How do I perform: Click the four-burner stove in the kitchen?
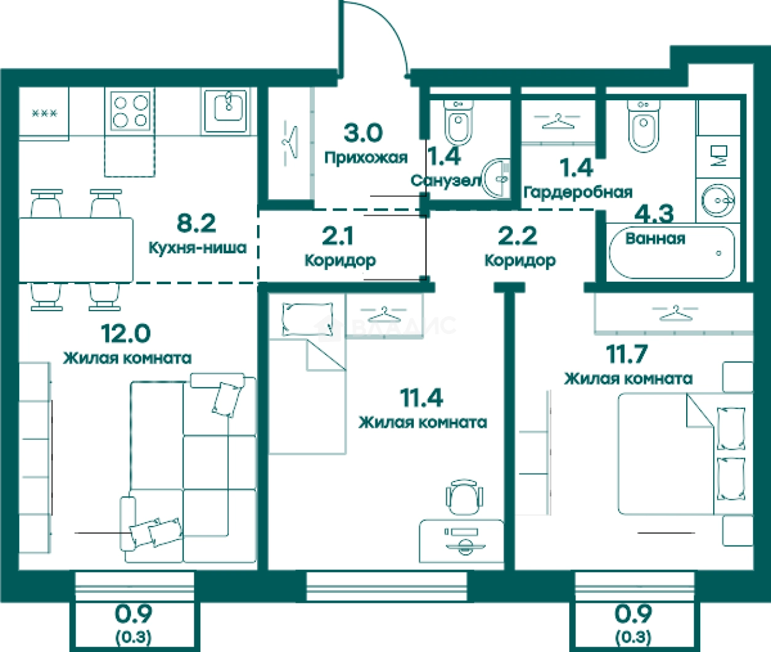[x=130, y=111]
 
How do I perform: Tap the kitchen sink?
[x=229, y=110]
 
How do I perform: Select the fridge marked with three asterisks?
[x=44, y=113]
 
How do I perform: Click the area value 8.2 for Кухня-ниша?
[x=196, y=223]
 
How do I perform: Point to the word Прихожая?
[x=366, y=158]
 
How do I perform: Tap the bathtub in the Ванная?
[x=672, y=253]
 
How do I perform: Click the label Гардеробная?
[x=578, y=193]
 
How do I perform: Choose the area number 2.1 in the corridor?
[x=338, y=236]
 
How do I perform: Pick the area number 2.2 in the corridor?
[x=517, y=236]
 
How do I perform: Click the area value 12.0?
[x=125, y=333]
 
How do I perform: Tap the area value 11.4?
[x=422, y=398]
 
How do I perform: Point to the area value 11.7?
[x=627, y=354]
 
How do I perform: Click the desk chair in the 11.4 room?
[x=464, y=497]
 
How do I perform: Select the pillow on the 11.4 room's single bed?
[x=307, y=319]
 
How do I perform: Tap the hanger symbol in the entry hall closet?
[x=290, y=142]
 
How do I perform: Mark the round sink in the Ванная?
[x=718, y=201]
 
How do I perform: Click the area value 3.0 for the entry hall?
[x=363, y=133]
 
